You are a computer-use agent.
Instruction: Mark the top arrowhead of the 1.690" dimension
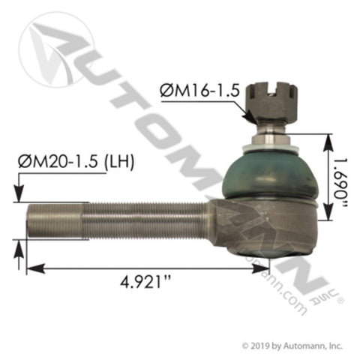(328, 136)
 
